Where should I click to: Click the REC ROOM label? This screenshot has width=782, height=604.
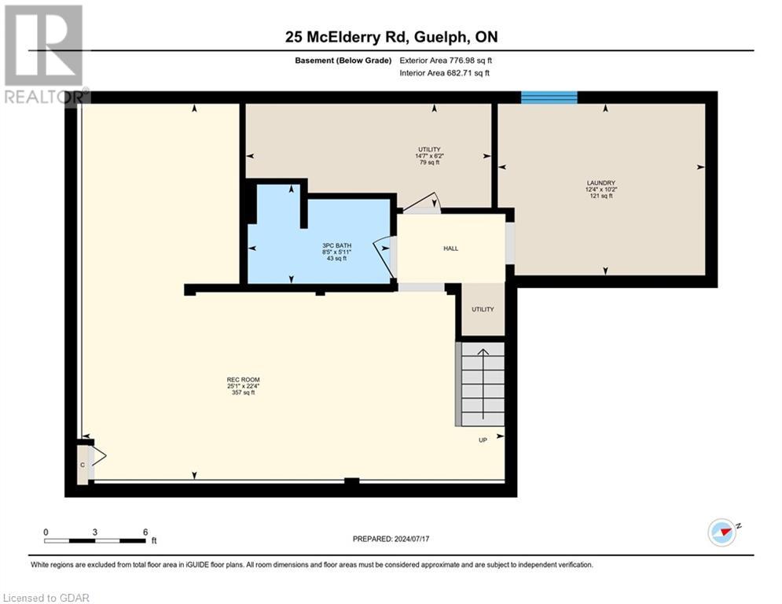240,379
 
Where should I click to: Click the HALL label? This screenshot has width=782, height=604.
450,249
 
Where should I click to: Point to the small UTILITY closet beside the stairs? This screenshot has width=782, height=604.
483,309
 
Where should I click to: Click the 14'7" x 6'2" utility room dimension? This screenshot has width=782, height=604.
429,156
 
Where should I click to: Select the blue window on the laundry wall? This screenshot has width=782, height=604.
549,98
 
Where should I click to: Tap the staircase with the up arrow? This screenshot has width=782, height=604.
482,384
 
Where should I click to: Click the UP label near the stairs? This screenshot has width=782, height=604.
483,440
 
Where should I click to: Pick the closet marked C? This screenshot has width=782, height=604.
83,464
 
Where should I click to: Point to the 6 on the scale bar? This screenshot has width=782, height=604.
145,532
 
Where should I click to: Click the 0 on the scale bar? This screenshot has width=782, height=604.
46,532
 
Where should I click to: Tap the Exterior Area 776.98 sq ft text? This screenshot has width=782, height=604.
446,60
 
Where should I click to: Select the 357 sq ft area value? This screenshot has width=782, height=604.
240,392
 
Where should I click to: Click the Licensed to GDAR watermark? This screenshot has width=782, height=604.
46,598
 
